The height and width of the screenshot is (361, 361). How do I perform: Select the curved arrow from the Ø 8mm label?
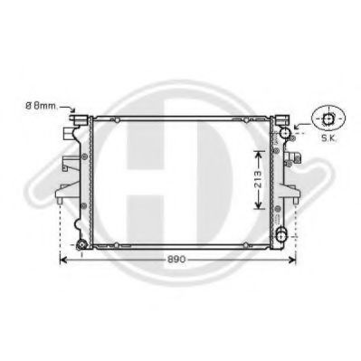point(71,109)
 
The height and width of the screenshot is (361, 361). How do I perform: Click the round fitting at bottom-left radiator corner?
point(81,244)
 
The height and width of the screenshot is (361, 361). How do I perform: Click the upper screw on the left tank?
point(83,157)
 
